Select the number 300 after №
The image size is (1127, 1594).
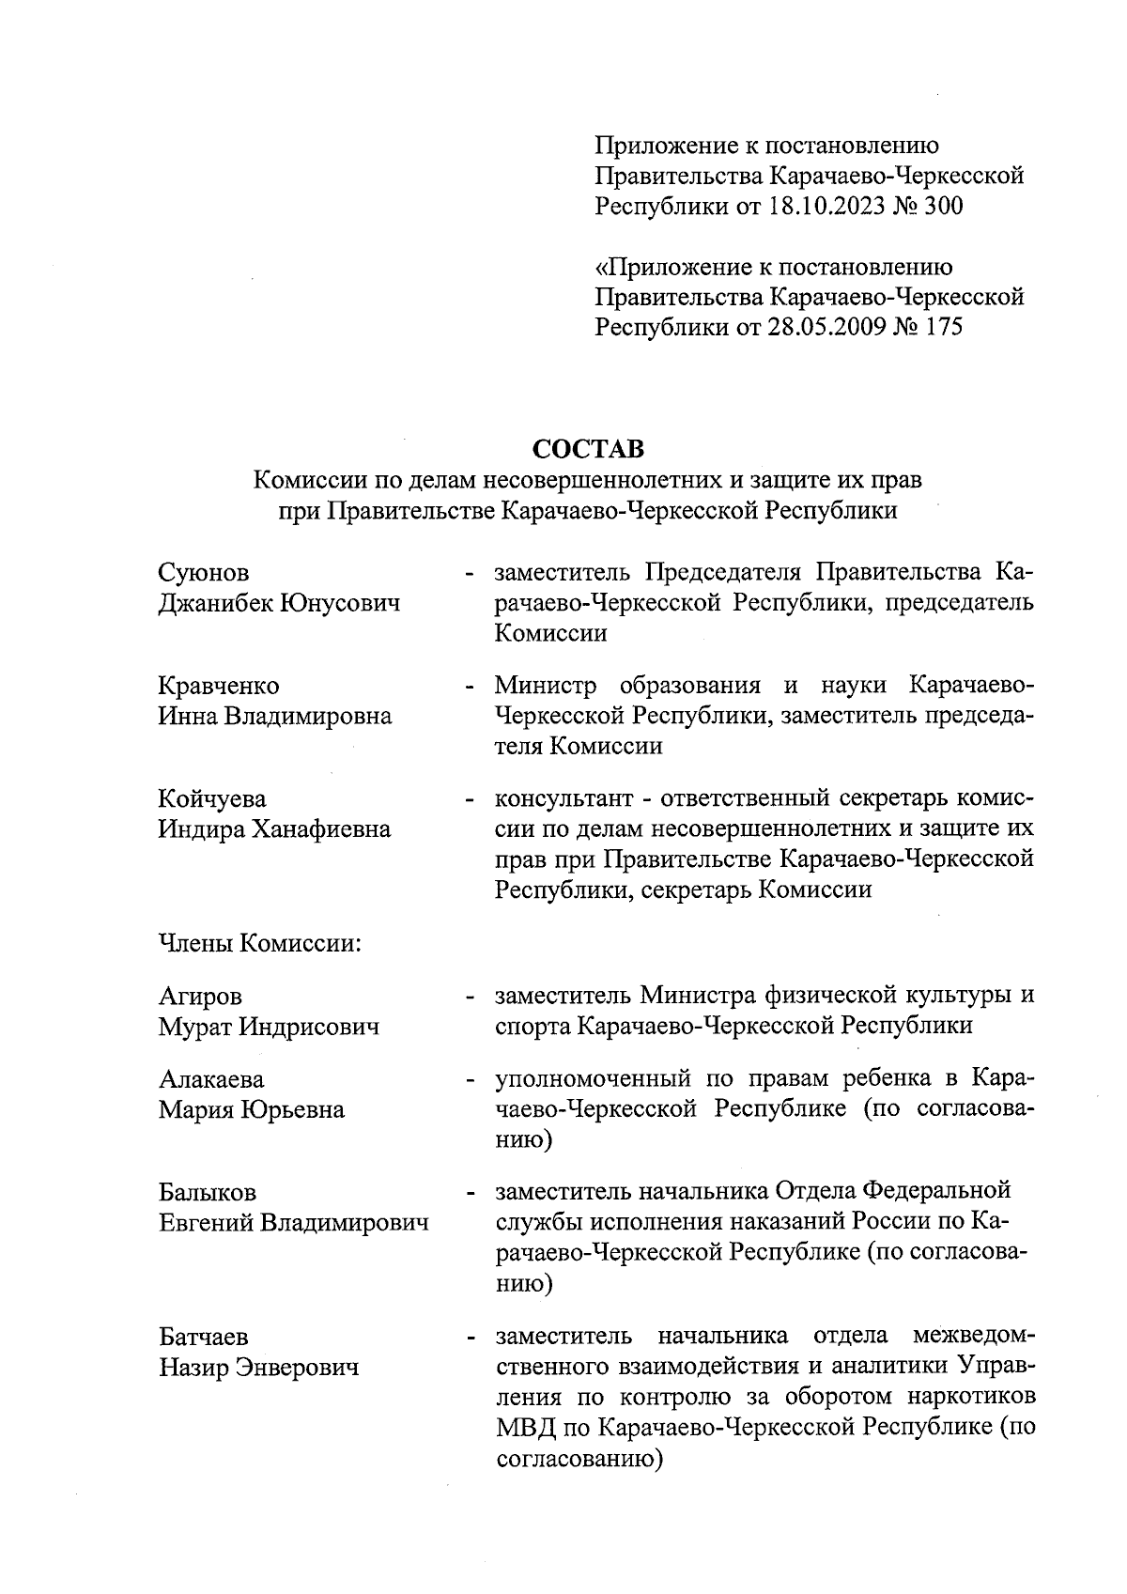943,206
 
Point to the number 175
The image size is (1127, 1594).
943,328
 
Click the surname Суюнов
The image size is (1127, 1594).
205,573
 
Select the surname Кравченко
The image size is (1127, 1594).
219,686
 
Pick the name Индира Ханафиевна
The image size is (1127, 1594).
274,829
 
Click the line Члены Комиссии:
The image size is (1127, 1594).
260,942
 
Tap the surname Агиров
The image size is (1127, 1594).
200,996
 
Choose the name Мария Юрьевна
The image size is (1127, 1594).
251,1109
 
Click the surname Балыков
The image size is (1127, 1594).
207,1193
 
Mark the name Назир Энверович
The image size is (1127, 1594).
259,1368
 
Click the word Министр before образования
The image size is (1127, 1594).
546,686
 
